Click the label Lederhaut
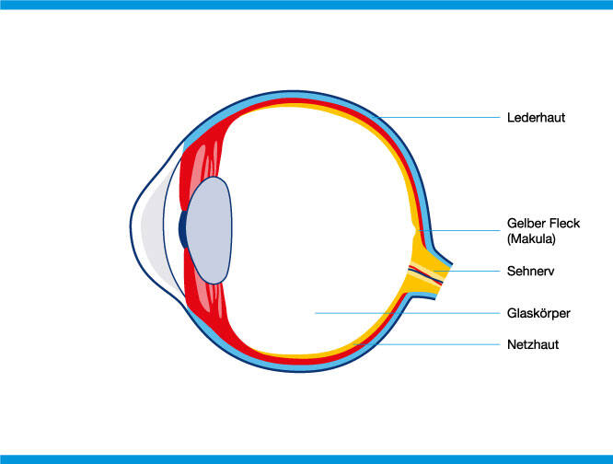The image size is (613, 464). click(x=536, y=118)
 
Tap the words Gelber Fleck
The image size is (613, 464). click(x=544, y=224)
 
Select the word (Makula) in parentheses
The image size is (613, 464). click(x=533, y=238)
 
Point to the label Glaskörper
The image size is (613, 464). click(x=539, y=313)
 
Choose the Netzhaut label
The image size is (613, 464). click(x=533, y=344)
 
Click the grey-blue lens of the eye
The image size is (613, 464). click(x=209, y=230)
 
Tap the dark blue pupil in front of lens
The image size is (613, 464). click(x=182, y=230)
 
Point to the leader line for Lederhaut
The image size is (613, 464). click(x=442, y=118)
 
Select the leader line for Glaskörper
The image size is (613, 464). click(x=405, y=313)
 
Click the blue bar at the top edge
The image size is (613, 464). click(x=306, y=5)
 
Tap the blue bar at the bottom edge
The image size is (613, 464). click(x=306, y=458)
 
